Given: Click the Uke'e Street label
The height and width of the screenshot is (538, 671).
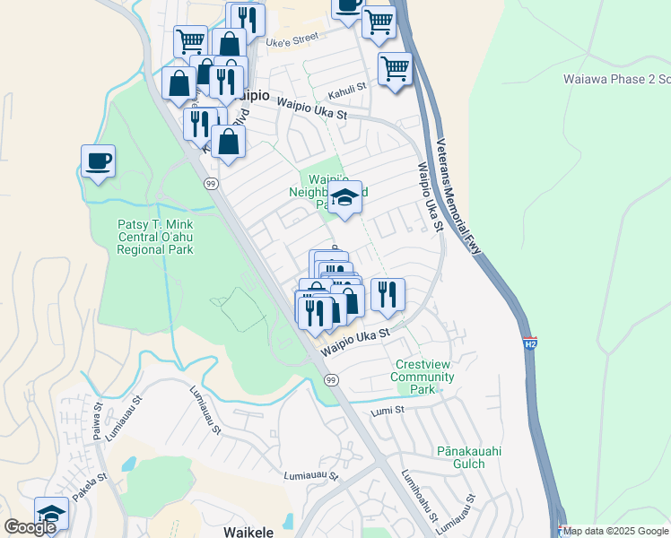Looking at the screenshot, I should [292, 39].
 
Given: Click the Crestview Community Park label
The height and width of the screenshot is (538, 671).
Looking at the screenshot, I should [422, 377].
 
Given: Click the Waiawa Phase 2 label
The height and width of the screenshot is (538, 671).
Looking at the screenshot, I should [615, 79].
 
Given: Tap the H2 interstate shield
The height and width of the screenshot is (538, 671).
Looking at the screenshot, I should [529, 343].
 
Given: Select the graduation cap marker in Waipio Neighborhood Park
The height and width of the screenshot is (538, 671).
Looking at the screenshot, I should [344, 197].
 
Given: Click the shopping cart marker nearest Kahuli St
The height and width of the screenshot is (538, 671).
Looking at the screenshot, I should [395, 68].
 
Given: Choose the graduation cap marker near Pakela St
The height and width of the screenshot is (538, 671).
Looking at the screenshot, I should [52, 514].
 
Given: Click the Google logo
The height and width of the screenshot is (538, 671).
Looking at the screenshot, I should [30, 527].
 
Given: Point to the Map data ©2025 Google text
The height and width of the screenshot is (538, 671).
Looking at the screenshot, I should [616, 531].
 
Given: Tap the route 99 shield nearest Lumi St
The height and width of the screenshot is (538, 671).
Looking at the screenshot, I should [332, 381].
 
